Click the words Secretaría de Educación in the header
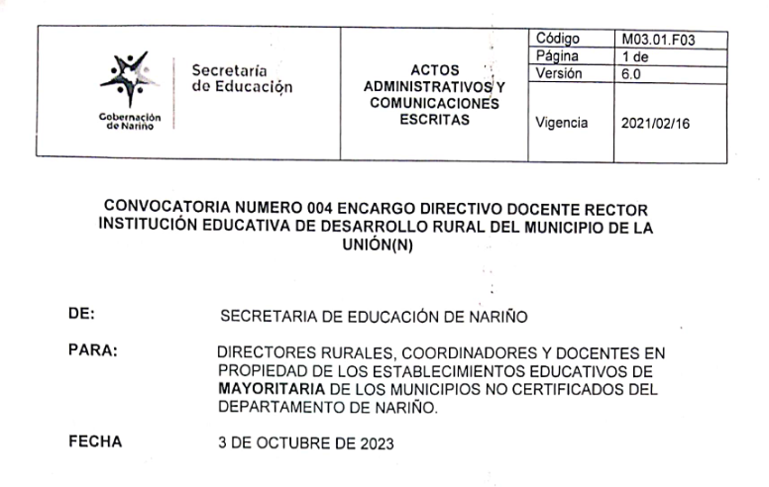pyautogui.click(x=243, y=78)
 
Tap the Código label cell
pyautogui.click(x=557, y=39)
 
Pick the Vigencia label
pyautogui.click(x=562, y=124)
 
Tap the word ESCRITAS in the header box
pyautogui.click(x=430, y=120)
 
